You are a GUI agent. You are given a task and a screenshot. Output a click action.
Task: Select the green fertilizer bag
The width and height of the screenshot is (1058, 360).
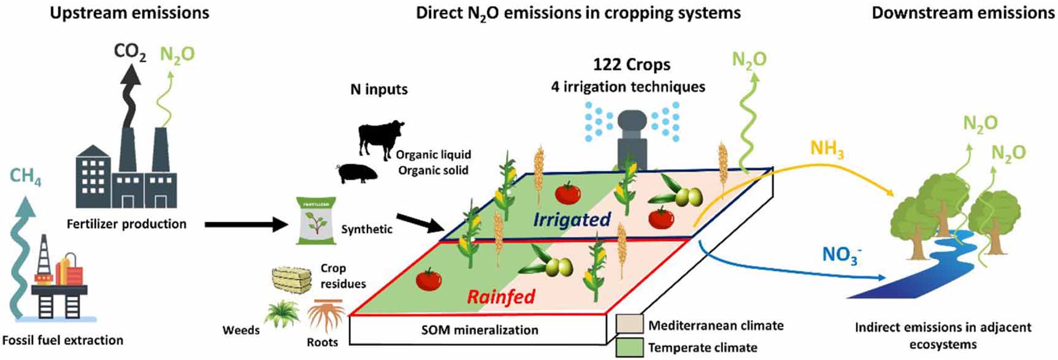click(x=316, y=221)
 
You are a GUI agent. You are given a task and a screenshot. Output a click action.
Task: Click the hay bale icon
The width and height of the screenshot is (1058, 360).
click(x=292, y=280)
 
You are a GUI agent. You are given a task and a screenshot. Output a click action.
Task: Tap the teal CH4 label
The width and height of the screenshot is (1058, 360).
click(x=25, y=177)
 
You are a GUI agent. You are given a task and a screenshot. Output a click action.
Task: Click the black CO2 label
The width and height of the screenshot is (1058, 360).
click(x=130, y=52)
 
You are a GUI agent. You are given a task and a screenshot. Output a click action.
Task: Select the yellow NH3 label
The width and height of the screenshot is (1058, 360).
click(x=827, y=149)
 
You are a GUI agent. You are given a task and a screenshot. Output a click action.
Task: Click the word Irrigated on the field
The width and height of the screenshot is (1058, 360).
click(x=572, y=219)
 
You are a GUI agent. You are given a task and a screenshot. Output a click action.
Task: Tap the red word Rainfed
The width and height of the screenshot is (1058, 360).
click(x=501, y=297)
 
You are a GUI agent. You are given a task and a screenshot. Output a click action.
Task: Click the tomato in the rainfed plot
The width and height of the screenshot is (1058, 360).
click(x=429, y=279)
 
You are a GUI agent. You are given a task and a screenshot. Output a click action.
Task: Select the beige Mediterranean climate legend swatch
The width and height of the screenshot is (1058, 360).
click(x=630, y=324)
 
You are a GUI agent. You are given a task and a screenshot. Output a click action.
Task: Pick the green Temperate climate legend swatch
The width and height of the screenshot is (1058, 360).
click(x=630, y=347)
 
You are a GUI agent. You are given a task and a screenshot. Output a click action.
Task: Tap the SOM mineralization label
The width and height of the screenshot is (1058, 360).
click(x=480, y=330)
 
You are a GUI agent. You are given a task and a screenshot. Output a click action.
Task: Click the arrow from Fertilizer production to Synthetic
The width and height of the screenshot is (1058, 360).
click(x=245, y=224)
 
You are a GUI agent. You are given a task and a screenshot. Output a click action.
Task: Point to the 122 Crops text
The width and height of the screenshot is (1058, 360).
click(x=631, y=64)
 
